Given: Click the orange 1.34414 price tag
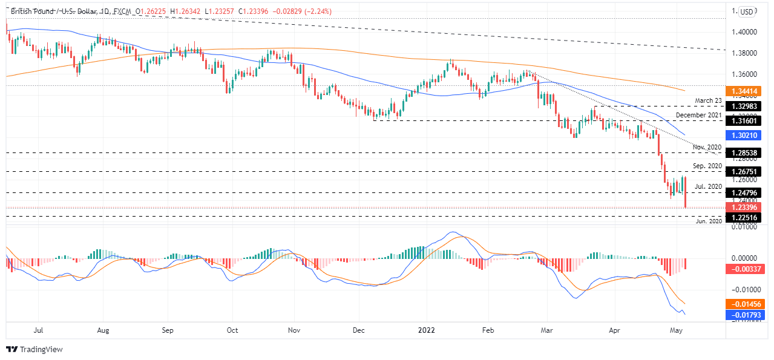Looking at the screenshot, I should pyautogui.click(x=751, y=91).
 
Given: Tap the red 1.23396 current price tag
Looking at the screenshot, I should pyautogui.click(x=751, y=208).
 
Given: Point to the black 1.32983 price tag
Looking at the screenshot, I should pyautogui.click(x=751, y=106).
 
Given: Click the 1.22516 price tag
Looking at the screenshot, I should pyautogui.click(x=751, y=217).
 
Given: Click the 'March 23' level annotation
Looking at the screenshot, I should pyautogui.click(x=709, y=100).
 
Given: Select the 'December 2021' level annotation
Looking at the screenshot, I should pyautogui.click(x=699, y=115).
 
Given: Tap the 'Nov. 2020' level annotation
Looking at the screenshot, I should pyautogui.click(x=707, y=147).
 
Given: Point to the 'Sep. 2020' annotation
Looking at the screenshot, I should pyautogui.click(x=707, y=166).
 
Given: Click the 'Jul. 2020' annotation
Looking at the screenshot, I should pyautogui.click(x=709, y=186).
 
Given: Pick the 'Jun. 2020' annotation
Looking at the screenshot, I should pyautogui.click(x=708, y=221).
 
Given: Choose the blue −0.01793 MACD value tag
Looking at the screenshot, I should pyautogui.click(x=751, y=315).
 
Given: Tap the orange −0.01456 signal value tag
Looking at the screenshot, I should pyautogui.click(x=751, y=304).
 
